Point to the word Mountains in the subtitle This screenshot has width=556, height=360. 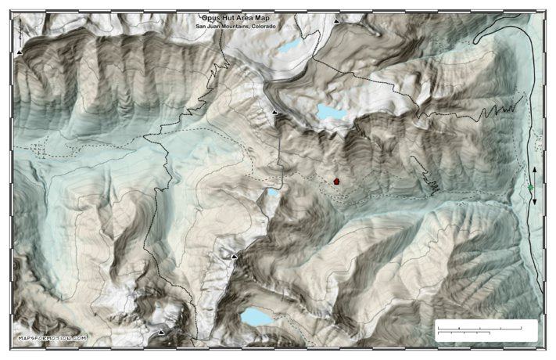(x=236, y=25)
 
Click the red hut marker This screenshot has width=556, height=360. (x=336, y=181)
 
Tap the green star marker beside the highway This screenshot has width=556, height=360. (x=531, y=187)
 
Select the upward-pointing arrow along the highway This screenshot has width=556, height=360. (x=535, y=169)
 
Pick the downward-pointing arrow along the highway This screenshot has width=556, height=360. (x=535, y=202)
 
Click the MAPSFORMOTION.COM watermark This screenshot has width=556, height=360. (x=52, y=339)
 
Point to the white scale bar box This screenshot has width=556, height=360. (x=485, y=329)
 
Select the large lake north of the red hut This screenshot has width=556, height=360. (x=332, y=113)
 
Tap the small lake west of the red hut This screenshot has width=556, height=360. (x=273, y=192)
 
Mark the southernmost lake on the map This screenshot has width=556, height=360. (x=255, y=317)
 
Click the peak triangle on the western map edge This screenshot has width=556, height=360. (x=20, y=52)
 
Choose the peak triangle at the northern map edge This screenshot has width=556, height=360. (x=336, y=22)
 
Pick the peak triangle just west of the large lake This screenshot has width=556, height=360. (x=274, y=113)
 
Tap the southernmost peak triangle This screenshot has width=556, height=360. (x=162, y=333)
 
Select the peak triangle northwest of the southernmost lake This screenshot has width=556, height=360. (x=233, y=256)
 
